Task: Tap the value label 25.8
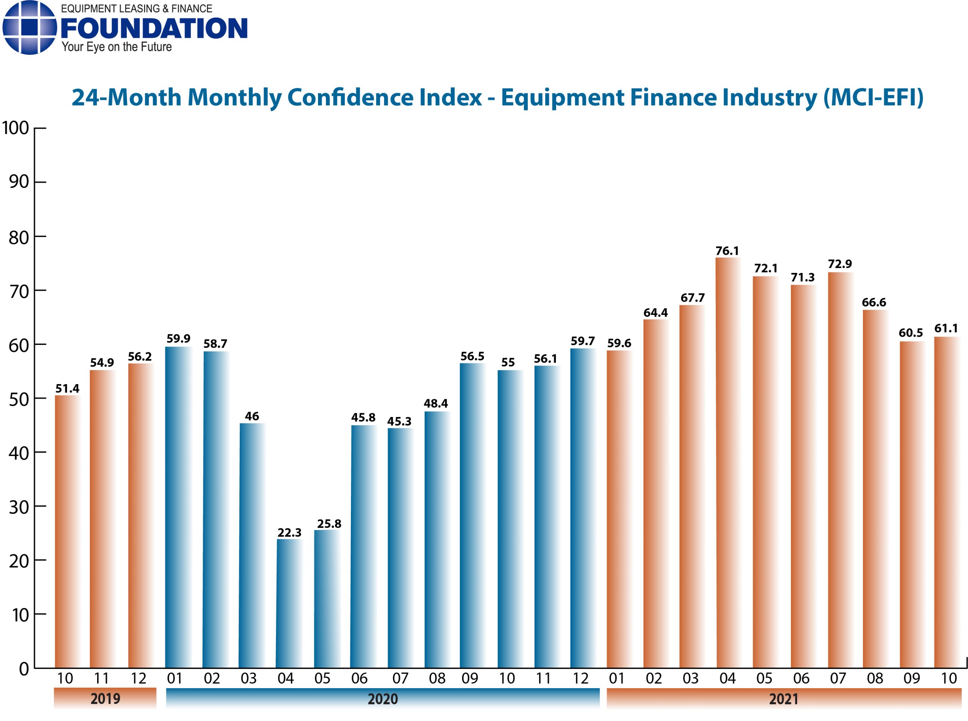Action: [329, 524]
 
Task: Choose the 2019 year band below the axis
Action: [105, 699]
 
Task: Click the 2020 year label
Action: [382, 699]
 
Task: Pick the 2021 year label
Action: [783, 699]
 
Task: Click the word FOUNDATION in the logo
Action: [154, 28]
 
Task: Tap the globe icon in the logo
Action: [29, 28]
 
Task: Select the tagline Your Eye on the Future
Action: [116, 47]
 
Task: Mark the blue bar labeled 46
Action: [252, 546]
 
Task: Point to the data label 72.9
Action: [839, 264]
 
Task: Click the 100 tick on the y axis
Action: [16, 128]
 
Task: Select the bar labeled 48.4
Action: [437, 540]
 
